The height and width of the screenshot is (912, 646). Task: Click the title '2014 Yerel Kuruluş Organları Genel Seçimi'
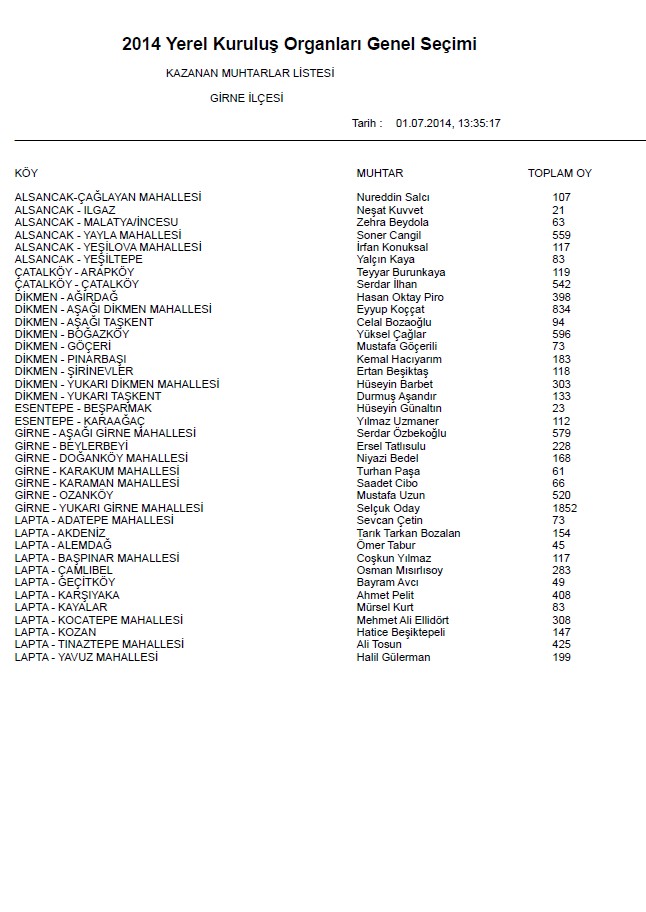299,44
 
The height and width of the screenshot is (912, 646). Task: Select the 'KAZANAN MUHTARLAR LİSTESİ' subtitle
250,73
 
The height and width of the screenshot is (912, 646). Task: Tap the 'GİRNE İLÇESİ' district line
247,98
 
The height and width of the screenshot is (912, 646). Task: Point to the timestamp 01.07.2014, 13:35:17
448,123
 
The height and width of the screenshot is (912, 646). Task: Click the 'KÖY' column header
26,173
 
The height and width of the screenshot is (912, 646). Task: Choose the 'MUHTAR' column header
379,173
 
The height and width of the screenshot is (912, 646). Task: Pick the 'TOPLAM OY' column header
560,173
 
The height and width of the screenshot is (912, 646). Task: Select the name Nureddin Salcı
393,197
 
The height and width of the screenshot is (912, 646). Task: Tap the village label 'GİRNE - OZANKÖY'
64,495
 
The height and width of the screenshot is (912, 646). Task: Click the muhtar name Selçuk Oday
389,508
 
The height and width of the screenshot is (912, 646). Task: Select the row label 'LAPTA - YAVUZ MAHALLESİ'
86,657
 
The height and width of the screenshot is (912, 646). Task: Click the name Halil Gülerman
393,657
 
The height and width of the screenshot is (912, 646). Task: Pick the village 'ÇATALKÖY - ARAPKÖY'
74,272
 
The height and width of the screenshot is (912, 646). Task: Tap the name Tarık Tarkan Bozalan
408,533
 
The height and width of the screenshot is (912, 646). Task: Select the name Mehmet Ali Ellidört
403,620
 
